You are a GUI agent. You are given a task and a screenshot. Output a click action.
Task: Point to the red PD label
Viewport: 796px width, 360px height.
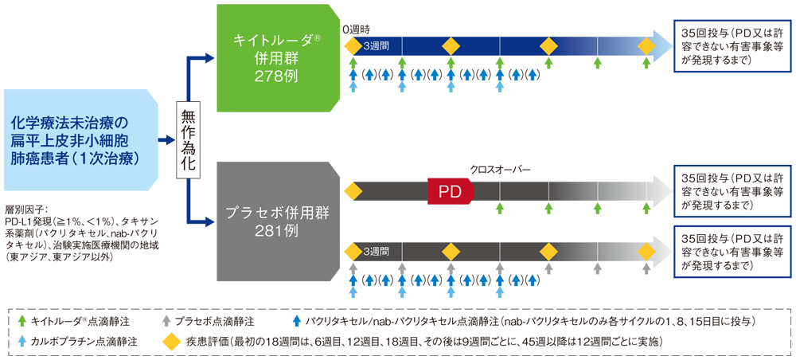449,192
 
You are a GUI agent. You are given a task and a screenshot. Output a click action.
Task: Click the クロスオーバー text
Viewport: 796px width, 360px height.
500,170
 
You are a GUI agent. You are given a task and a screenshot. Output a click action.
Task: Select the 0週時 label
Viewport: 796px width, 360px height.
356,29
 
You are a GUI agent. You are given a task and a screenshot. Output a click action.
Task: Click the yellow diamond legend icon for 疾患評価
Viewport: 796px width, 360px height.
169,340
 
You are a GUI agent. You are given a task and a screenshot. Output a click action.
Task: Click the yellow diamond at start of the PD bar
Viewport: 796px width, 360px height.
353,191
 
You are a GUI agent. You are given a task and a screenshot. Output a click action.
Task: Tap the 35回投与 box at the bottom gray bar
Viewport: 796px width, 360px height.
732,252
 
